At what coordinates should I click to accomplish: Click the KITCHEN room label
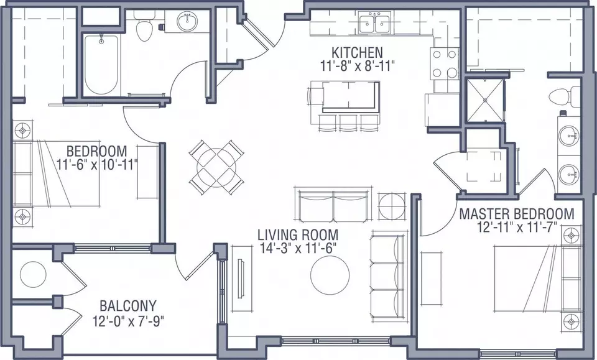pyautogui.click(x=357, y=52)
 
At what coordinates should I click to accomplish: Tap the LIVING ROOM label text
pyautogui.click(x=298, y=234)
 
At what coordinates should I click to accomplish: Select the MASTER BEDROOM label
pyautogui.click(x=517, y=214)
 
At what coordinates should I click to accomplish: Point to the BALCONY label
pyautogui.click(x=128, y=305)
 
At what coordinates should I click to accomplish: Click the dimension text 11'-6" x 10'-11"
pyautogui.click(x=97, y=165)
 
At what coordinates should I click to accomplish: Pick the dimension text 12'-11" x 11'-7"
pyautogui.click(x=517, y=227)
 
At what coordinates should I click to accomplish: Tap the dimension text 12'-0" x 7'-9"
pyautogui.click(x=128, y=321)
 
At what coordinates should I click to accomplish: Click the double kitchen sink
pyautogui.click(x=375, y=23)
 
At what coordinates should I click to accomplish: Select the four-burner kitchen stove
pyautogui.click(x=445, y=63)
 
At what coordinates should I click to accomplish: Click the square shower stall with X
pyautogui.click(x=485, y=100)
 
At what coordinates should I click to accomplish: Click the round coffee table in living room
pyautogui.click(x=330, y=275)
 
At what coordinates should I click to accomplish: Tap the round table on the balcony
pyautogui.click(x=33, y=274)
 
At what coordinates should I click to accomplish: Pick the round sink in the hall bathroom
pyautogui.click(x=187, y=22)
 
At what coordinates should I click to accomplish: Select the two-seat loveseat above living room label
pyautogui.click(x=333, y=205)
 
